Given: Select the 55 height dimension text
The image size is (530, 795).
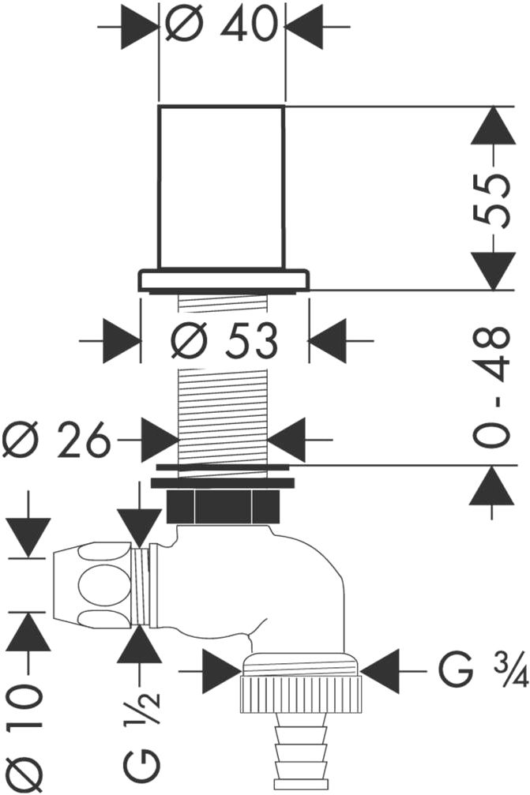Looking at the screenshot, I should click(x=494, y=199).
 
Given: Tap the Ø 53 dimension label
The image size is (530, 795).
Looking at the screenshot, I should click(x=226, y=341).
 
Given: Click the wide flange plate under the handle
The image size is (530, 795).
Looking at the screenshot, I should click(x=224, y=280).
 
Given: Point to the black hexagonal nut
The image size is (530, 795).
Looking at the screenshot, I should click(x=222, y=505).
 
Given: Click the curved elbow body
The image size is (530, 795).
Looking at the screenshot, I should click(x=300, y=592).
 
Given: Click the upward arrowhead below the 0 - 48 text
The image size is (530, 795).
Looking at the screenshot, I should click(x=493, y=486).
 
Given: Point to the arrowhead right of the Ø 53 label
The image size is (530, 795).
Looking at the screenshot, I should click(x=328, y=341).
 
